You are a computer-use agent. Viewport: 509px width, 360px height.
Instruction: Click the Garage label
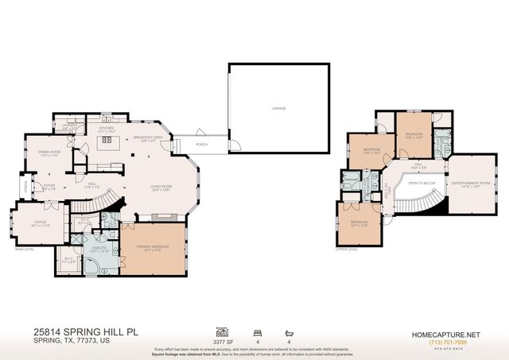coord(278,108)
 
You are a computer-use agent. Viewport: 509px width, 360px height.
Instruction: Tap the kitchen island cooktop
coord(104,144)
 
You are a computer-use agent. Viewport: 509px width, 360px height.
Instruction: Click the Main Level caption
coord(25,249)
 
